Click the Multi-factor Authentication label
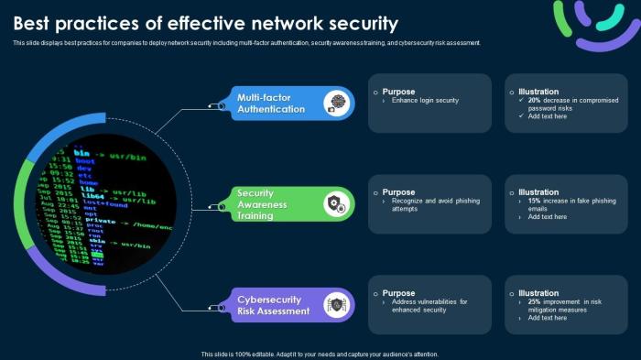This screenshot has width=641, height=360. click(x=270, y=104)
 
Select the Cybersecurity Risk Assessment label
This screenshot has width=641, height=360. click(x=274, y=305)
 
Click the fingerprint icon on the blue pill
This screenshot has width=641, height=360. click(x=339, y=103)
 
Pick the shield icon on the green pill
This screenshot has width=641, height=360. click(x=336, y=203)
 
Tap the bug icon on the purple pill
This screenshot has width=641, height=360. click(x=337, y=304)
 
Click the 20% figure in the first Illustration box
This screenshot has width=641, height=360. click(x=536, y=100)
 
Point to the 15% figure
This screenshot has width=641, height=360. click(x=536, y=201)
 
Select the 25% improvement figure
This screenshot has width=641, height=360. click(x=536, y=301)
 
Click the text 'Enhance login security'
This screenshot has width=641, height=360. click(x=425, y=100)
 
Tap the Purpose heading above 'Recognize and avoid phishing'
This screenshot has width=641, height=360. click(x=398, y=192)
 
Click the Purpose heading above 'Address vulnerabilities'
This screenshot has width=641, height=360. click(x=398, y=293)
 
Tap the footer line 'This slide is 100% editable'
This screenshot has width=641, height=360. click(x=320, y=354)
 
